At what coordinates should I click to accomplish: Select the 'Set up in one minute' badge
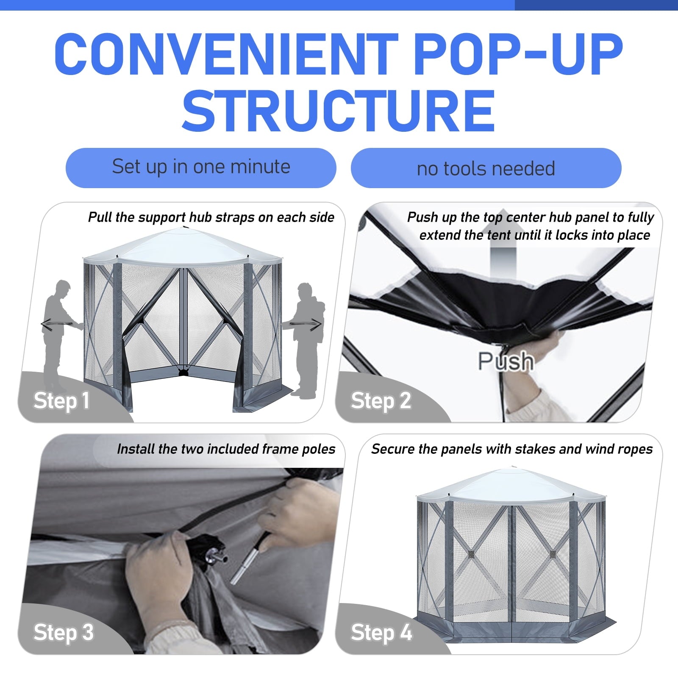point(201,168)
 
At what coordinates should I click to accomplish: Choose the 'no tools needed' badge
point(486,168)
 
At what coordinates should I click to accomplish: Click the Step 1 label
point(62,401)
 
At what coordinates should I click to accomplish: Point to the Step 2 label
point(381,401)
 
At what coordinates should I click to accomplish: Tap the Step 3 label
point(64,632)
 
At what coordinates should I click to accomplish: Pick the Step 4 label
point(381,632)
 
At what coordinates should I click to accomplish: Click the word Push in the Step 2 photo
point(506,361)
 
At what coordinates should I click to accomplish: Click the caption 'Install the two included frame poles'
point(226,449)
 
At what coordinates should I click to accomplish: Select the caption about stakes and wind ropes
point(512,449)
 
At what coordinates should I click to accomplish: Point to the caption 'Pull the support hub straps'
point(211,217)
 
